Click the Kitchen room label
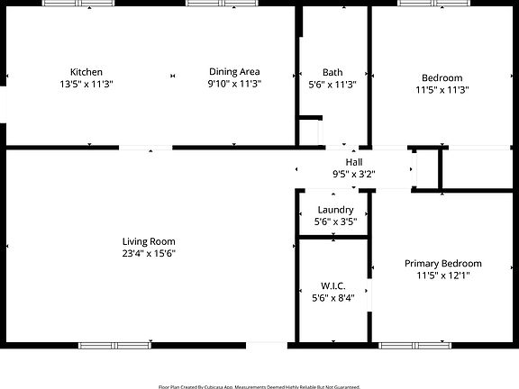click(86, 72)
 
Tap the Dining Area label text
click(234, 72)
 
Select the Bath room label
click(332, 72)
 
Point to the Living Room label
click(149, 241)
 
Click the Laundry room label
click(334, 209)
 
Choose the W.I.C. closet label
click(333, 285)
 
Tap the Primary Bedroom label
click(442, 264)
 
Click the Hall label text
click(353, 161)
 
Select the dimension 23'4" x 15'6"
click(149, 254)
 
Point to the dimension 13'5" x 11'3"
click(86, 84)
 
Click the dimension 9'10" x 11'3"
click(234, 84)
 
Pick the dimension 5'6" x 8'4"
click(333, 297)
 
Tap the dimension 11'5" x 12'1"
click(442, 276)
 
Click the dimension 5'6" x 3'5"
click(334, 221)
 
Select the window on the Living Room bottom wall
click(115, 345)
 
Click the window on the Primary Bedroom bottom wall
click(415, 345)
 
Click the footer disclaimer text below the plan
click(259, 385)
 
